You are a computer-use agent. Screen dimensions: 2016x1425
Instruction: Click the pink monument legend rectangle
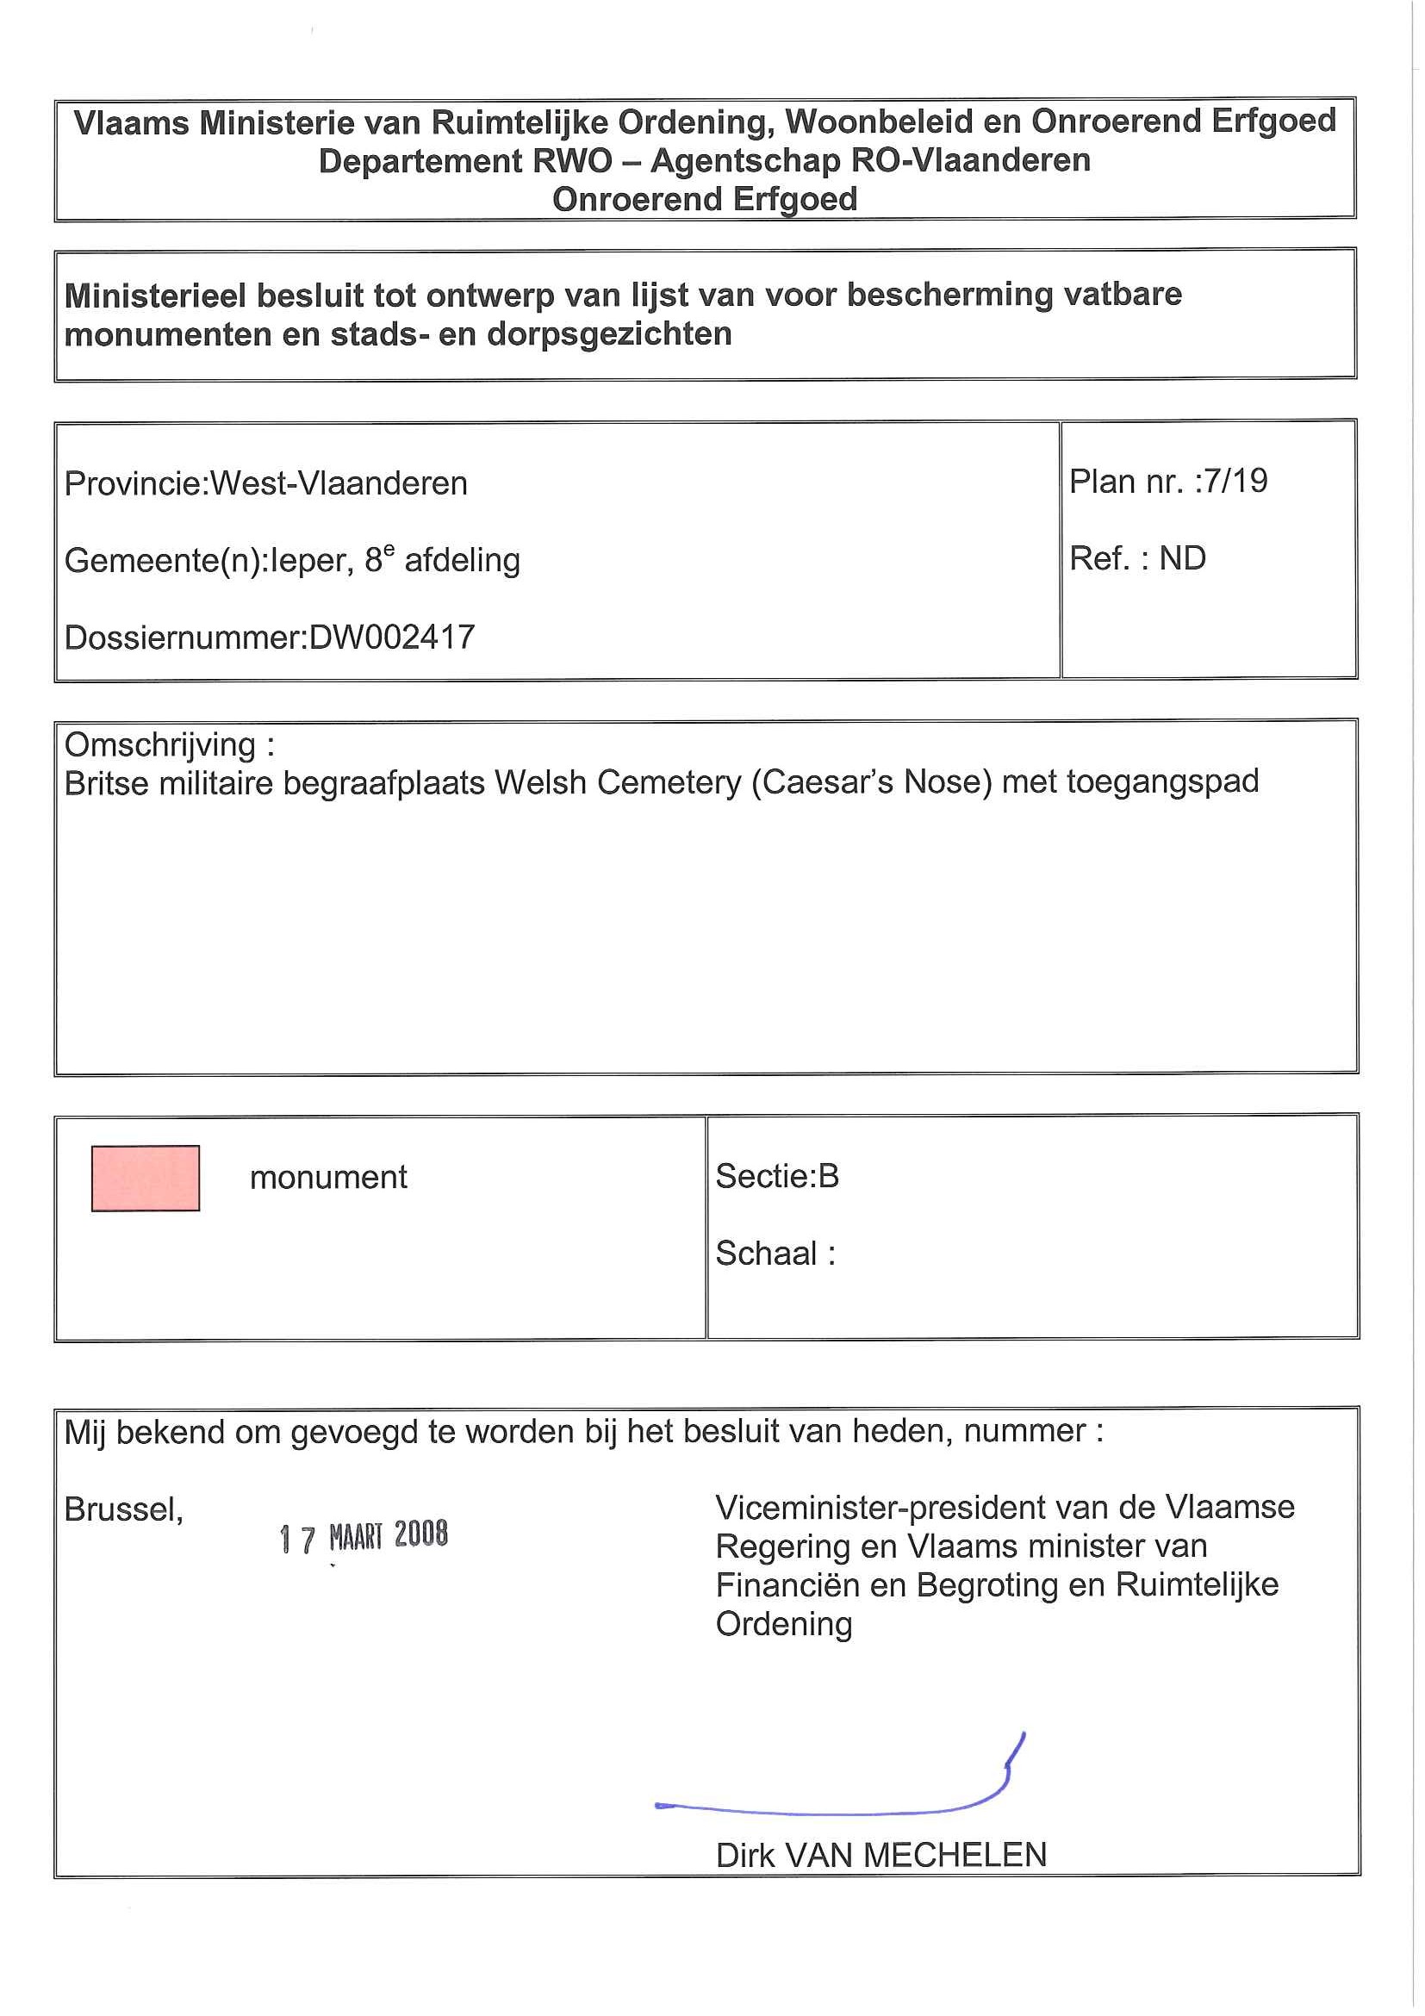pyautogui.click(x=146, y=1179)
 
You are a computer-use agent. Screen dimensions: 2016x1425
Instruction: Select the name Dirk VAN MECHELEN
pyautogui.click(x=881, y=1855)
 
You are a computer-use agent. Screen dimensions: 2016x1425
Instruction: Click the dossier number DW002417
pyautogui.click(x=392, y=638)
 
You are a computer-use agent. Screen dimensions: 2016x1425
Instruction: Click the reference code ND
pyautogui.click(x=1182, y=558)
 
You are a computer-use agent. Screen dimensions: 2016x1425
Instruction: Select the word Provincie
pyautogui.click(x=132, y=484)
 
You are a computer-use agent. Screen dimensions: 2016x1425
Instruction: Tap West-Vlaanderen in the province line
pyautogui.click(x=339, y=484)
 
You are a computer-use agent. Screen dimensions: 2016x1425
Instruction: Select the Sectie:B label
pyautogui.click(x=777, y=1176)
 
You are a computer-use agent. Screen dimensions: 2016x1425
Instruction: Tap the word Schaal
pyautogui.click(x=767, y=1253)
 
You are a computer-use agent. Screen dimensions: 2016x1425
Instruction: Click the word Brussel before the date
pyautogui.click(x=123, y=1509)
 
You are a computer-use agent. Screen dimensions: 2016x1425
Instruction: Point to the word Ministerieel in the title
pyautogui.click(x=155, y=296)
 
